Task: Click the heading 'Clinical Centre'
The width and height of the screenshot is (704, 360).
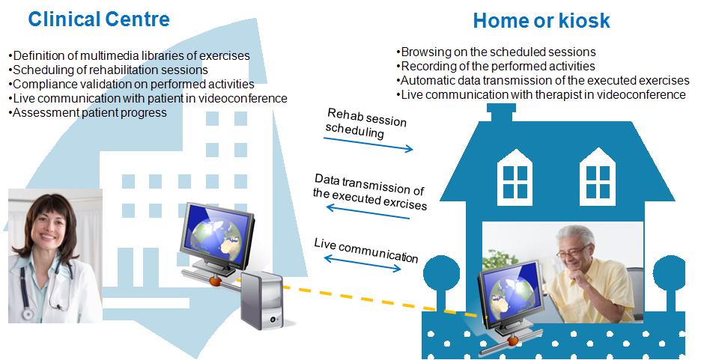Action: click(x=99, y=19)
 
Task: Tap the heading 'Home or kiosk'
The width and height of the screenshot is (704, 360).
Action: click(x=541, y=21)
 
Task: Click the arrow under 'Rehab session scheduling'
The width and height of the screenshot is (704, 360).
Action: click(x=368, y=144)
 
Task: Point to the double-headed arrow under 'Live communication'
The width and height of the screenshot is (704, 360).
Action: click(x=362, y=263)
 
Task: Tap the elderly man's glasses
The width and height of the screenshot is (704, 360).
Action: click(x=572, y=251)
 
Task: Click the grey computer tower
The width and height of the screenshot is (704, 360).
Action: click(x=262, y=300)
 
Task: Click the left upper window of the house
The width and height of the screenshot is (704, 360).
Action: click(x=515, y=177)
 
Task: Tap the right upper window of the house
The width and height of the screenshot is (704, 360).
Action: click(x=598, y=177)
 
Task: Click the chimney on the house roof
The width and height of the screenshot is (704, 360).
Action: click(x=502, y=112)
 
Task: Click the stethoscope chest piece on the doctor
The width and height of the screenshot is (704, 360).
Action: click(x=28, y=313)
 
